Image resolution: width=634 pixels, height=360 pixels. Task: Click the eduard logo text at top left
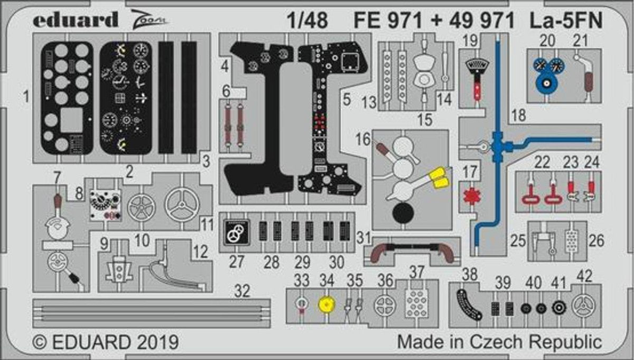74,20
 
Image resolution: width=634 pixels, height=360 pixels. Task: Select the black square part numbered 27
235,231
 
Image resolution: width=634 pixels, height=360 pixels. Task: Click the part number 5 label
347,99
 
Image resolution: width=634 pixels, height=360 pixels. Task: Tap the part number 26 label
596,241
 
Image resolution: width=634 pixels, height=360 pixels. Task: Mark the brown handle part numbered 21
586,79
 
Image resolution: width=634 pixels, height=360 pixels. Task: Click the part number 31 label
362,239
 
